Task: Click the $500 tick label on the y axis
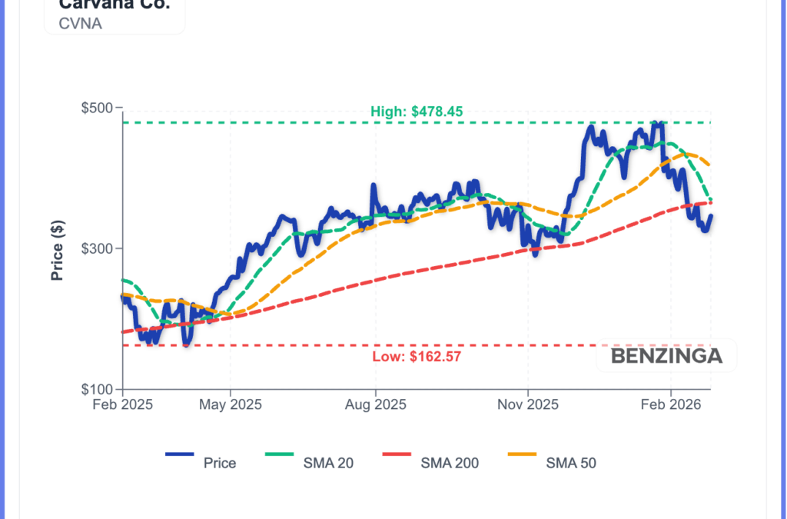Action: (97, 108)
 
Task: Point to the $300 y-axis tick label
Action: (97, 248)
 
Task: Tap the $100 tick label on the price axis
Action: (97, 389)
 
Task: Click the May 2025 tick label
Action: (230, 404)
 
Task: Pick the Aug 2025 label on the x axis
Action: (375, 404)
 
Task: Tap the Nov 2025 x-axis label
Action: (528, 404)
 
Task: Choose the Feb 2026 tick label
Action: (671, 404)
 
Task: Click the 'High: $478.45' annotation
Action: (417, 111)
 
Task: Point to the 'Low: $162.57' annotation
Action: (417, 356)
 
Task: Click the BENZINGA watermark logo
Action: (666, 356)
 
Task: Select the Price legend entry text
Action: (220, 463)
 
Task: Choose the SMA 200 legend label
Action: (450, 463)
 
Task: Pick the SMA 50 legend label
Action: (571, 463)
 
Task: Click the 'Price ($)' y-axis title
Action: (57, 249)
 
